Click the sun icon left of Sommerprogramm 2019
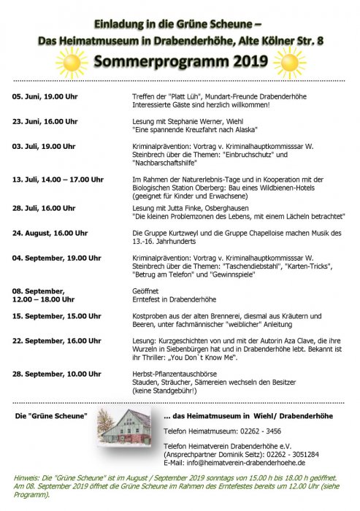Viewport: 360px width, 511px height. (73, 63)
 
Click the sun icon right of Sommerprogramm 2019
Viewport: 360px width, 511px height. (285, 63)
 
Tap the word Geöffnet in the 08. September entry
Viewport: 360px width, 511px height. (147, 290)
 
